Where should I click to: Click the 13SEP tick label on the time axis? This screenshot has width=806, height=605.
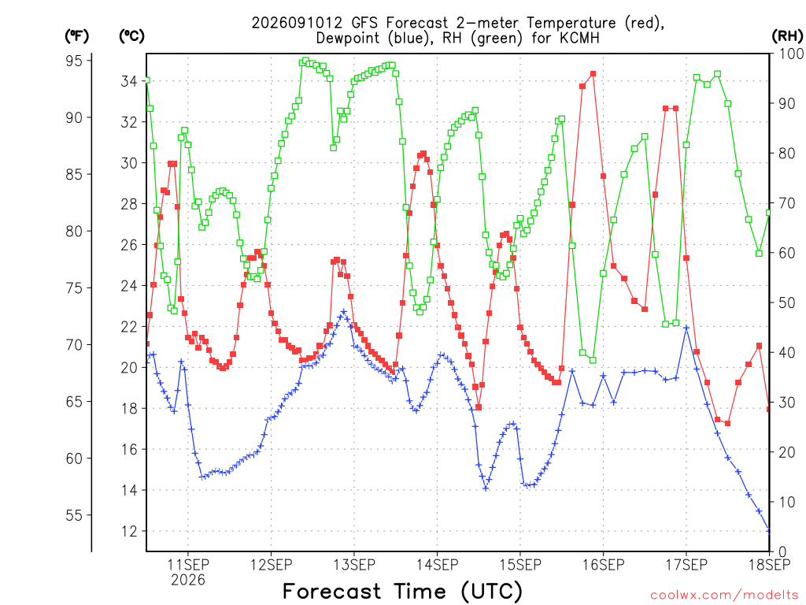(x=354, y=565)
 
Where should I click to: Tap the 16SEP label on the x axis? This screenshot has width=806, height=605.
(x=604, y=565)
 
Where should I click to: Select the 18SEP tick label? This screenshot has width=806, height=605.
(x=770, y=565)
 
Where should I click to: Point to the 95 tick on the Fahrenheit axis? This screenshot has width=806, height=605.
(x=74, y=61)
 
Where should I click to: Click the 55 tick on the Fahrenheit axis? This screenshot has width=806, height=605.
(x=74, y=515)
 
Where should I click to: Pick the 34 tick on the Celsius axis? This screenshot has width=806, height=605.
(x=128, y=81)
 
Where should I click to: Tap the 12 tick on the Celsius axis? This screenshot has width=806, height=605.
(x=128, y=532)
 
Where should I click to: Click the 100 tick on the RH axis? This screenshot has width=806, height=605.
(x=791, y=54)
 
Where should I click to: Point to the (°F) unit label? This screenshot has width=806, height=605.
(x=76, y=36)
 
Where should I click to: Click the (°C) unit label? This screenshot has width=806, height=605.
(x=131, y=36)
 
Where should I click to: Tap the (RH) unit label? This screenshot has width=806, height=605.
(x=787, y=36)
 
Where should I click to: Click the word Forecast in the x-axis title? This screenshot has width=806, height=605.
(x=332, y=591)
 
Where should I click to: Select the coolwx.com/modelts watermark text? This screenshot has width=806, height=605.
(x=724, y=596)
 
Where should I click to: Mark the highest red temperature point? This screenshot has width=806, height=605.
(x=593, y=73)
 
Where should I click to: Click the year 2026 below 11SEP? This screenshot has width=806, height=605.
(x=188, y=581)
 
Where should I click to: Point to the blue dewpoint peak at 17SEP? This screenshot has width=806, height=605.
(x=686, y=327)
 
